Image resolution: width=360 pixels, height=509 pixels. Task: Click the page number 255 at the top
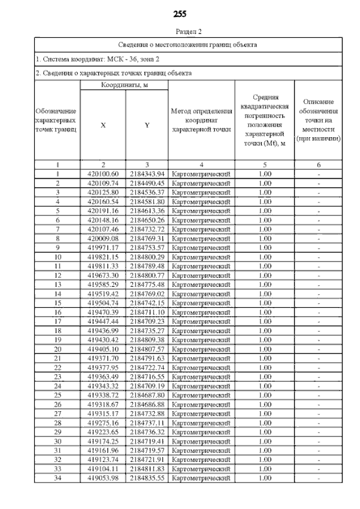tap(180, 13)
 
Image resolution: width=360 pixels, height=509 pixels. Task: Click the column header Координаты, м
tap(124, 85)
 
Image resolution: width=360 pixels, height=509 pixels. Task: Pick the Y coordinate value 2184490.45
tap(146, 183)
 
